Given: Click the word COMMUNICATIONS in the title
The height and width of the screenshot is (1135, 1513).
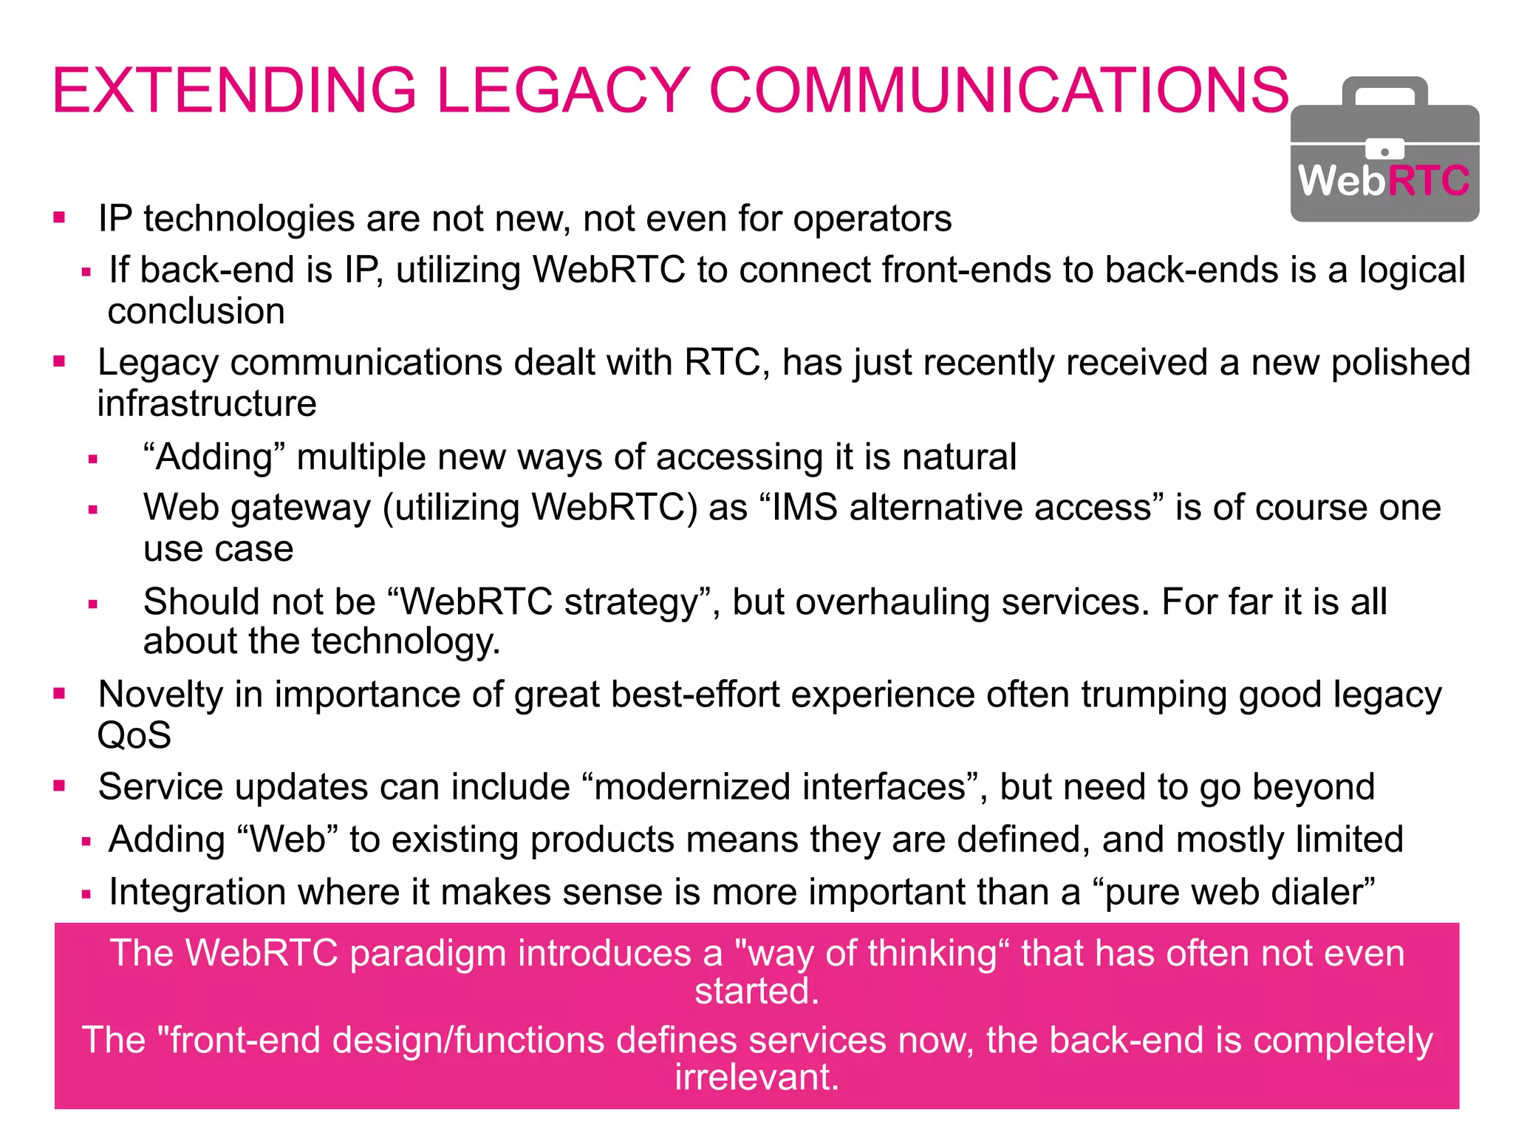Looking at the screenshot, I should click(999, 91).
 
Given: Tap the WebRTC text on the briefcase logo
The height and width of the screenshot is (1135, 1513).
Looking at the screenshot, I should click(1384, 181).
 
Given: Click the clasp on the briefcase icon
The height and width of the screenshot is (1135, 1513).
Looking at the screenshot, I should click(1384, 151).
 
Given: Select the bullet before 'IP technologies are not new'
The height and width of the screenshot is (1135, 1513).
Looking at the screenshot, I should click(60, 218).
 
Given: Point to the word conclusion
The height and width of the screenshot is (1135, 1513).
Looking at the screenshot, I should click(197, 311).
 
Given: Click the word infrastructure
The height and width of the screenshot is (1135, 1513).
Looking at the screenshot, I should click(207, 404).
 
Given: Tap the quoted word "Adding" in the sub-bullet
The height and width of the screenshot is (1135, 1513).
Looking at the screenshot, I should click(214, 457).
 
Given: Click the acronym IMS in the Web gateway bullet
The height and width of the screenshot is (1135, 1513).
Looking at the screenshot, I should click(805, 508).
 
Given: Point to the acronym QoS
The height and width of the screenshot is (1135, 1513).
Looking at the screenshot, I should click(134, 736).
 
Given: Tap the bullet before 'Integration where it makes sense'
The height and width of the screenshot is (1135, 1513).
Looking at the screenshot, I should click(86, 894).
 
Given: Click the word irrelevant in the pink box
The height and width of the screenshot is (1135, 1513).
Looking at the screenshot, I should click(756, 1077).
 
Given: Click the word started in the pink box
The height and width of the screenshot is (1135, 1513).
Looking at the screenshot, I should click(756, 991).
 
